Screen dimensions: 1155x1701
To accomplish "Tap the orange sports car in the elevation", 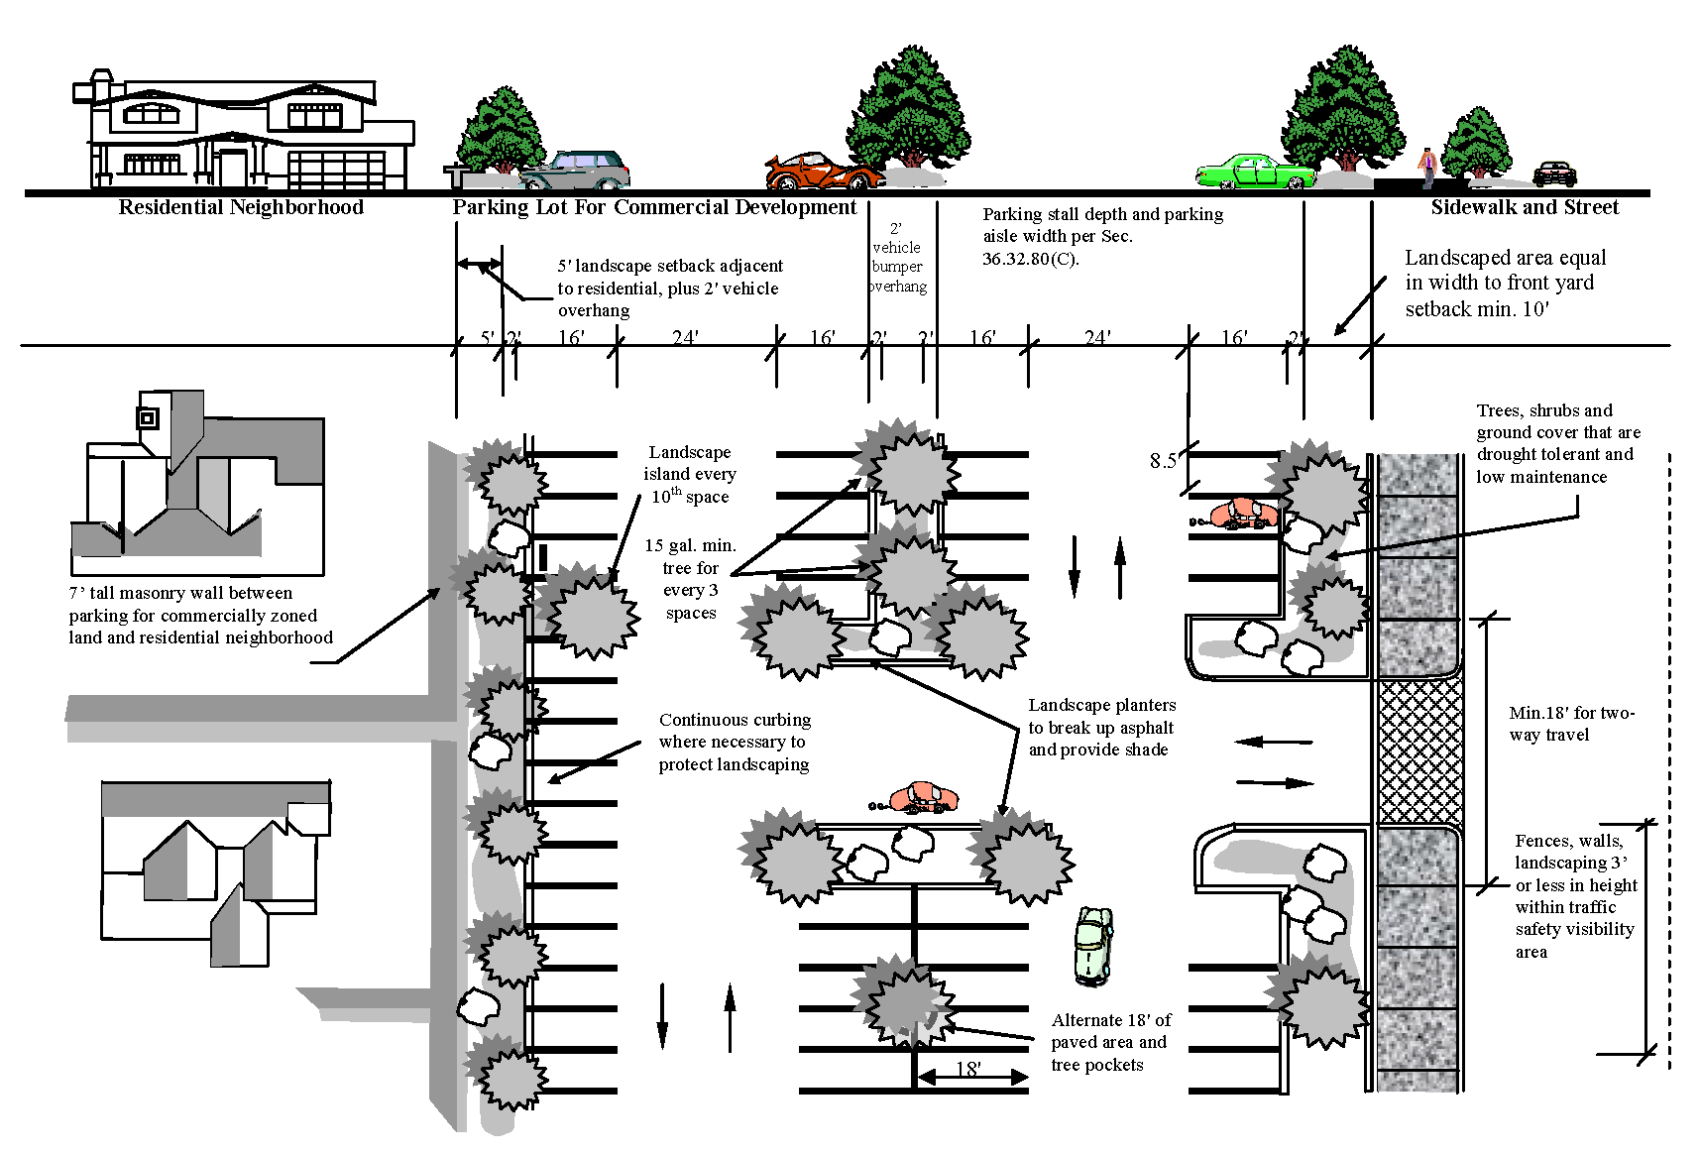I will coord(823,173).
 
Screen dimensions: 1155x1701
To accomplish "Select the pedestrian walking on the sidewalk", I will coord(1427,166).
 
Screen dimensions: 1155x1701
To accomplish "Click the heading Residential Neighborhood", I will coord(241,207).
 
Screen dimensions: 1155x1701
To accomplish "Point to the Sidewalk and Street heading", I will coord(1525,207).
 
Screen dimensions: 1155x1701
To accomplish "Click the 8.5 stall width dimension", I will coord(1163,460).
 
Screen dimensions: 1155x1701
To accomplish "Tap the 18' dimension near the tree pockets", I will coord(968,1069).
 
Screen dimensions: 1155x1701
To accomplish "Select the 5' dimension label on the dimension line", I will coord(487,337).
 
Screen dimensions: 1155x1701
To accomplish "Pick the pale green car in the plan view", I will coord(1093,947).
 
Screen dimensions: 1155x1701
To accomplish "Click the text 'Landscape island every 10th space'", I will coord(690,474).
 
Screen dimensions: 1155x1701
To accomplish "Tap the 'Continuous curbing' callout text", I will coord(734,742).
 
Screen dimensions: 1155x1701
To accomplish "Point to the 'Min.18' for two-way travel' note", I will coord(1571,724).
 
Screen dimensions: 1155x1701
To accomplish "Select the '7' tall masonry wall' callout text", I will coord(200,615).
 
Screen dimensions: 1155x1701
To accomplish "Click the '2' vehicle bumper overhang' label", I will coord(897,258).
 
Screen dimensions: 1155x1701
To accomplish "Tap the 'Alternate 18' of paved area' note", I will coord(1110,1042).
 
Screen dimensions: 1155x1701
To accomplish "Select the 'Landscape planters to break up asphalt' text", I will coord(1101,727).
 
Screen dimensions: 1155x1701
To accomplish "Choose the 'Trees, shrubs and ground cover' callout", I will coord(1557,443).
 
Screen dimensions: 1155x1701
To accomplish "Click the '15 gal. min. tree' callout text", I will coord(691,579).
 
